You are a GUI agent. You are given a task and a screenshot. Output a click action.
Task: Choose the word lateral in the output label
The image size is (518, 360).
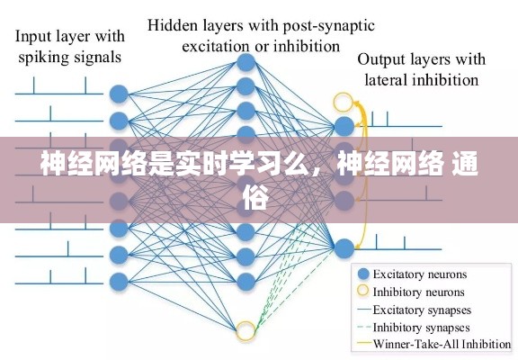coord(385,79)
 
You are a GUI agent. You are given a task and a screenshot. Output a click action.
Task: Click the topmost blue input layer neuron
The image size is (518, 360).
coord(118,94)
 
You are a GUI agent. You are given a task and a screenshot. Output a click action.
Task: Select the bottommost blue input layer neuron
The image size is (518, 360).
coord(118,279)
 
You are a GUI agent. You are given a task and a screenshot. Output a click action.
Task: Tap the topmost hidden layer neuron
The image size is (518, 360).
coord(246,62)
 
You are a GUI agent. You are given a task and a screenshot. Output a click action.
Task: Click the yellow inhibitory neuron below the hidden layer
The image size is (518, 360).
coord(246,331)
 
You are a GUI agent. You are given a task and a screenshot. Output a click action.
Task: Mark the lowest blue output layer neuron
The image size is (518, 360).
coord(343,245)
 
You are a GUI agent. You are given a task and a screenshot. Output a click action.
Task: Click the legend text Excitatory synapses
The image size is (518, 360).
coord(424,309)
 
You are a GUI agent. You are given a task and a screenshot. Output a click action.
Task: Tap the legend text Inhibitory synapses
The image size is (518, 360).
coord(423,326)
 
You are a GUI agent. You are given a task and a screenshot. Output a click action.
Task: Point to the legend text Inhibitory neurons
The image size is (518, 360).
coord(419,292)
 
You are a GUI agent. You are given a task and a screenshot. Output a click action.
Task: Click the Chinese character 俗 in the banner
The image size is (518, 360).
coord(255,200)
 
